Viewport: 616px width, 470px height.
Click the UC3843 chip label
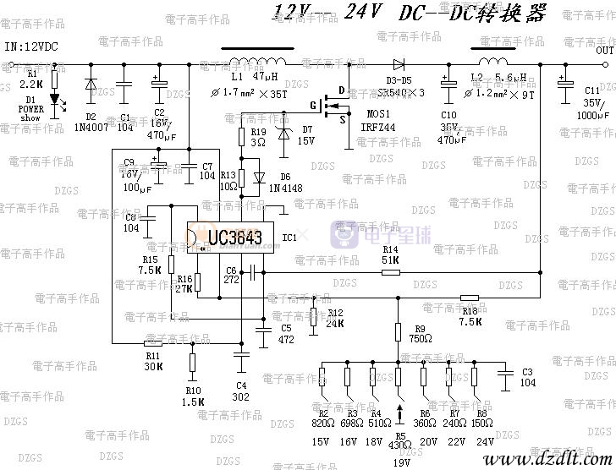[230, 238]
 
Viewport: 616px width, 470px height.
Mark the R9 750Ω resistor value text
[420, 339]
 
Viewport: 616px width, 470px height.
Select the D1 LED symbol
[56, 100]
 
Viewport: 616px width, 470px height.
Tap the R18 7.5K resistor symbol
[470, 297]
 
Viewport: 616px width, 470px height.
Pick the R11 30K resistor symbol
[153, 343]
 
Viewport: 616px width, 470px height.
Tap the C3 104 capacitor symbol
[505, 372]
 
